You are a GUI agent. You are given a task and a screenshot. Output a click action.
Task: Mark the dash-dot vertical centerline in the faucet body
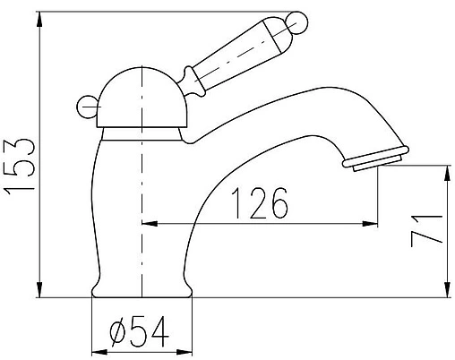point(142,206)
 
